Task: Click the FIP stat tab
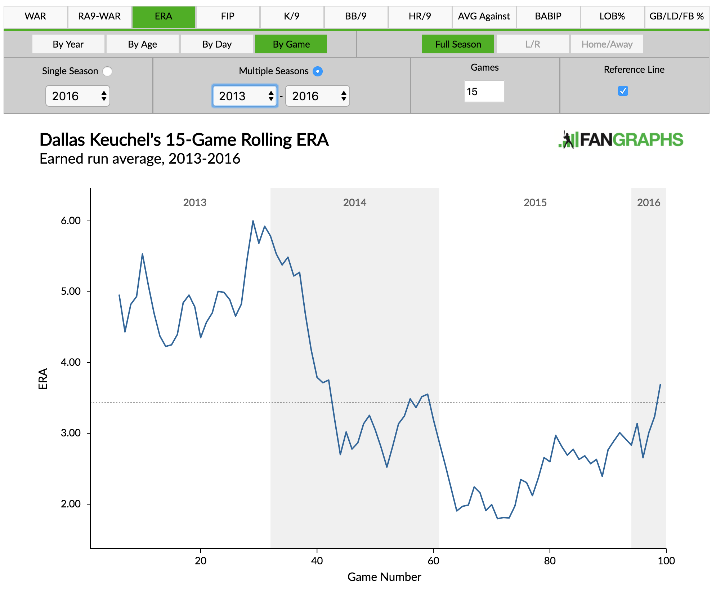click(227, 17)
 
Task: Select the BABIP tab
click(548, 17)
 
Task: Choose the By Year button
click(68, 44)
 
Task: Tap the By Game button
click(291, 44)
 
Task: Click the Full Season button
click(458, 44)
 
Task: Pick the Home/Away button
click(607, 44)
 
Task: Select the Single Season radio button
click(107, 71)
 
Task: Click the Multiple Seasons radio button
click(317, 71)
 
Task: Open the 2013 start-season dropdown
click(245, 96)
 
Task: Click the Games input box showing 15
click(484, 92)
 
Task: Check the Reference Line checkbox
click(623, 91)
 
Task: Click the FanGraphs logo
click(620, 140)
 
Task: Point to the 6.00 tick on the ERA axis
click(71, 221)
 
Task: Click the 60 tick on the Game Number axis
click(433, 560)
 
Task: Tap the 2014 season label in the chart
click(354, 203)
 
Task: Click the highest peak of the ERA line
click(253, 221)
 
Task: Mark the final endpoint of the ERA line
click(660, 385)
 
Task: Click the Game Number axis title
click(384, 577)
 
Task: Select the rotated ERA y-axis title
click(43, 378)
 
